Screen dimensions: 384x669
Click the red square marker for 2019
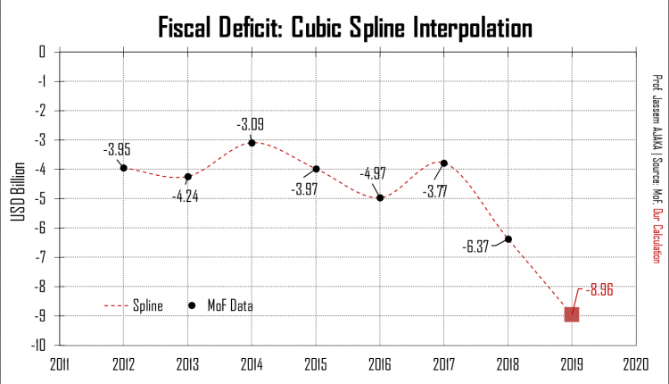(572, 313)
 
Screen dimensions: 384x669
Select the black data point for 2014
(252, 143)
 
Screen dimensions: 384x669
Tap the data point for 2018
(508, 238)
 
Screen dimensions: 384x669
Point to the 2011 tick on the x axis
(60, 364)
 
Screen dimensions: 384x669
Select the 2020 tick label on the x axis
(636, 364)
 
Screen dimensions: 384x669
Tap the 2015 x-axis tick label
(317, 364)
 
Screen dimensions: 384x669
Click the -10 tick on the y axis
(39, 346)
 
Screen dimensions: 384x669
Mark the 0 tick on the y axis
(43, 52)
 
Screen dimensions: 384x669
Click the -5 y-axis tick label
(41, 198)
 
